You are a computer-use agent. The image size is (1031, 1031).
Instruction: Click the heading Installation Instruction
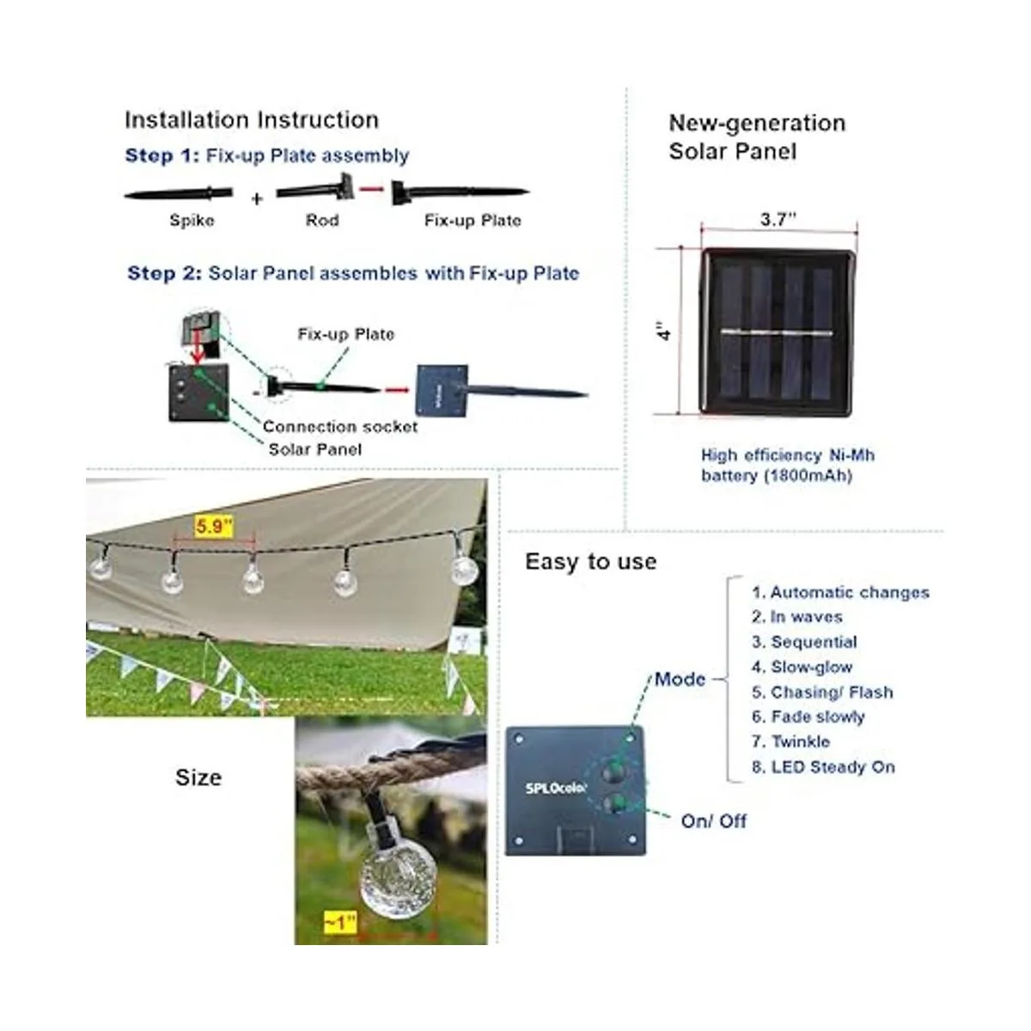(251, 120)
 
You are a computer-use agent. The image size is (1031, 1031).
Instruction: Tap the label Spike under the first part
(192, 221)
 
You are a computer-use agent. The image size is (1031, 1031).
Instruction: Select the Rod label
(322, 221)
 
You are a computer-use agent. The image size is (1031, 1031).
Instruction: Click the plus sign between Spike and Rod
(257, 199)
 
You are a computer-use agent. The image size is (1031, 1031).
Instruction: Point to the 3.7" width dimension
(778, 220)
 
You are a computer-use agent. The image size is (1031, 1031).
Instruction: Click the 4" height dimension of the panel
(662, 332)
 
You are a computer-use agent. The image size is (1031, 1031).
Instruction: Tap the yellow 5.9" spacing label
(214, 526)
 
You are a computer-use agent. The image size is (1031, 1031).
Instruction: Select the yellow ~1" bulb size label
(340, 923)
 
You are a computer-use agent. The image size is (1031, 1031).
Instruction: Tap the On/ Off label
(713, 821)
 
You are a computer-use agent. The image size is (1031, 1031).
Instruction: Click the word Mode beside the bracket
(680, 679)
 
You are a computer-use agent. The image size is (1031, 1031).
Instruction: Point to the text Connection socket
(340, 426)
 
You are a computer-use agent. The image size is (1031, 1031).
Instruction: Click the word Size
(198, 778)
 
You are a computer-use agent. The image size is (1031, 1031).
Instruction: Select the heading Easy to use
(591, 562)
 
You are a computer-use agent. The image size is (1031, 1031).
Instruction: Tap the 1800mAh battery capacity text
(808, 475)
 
